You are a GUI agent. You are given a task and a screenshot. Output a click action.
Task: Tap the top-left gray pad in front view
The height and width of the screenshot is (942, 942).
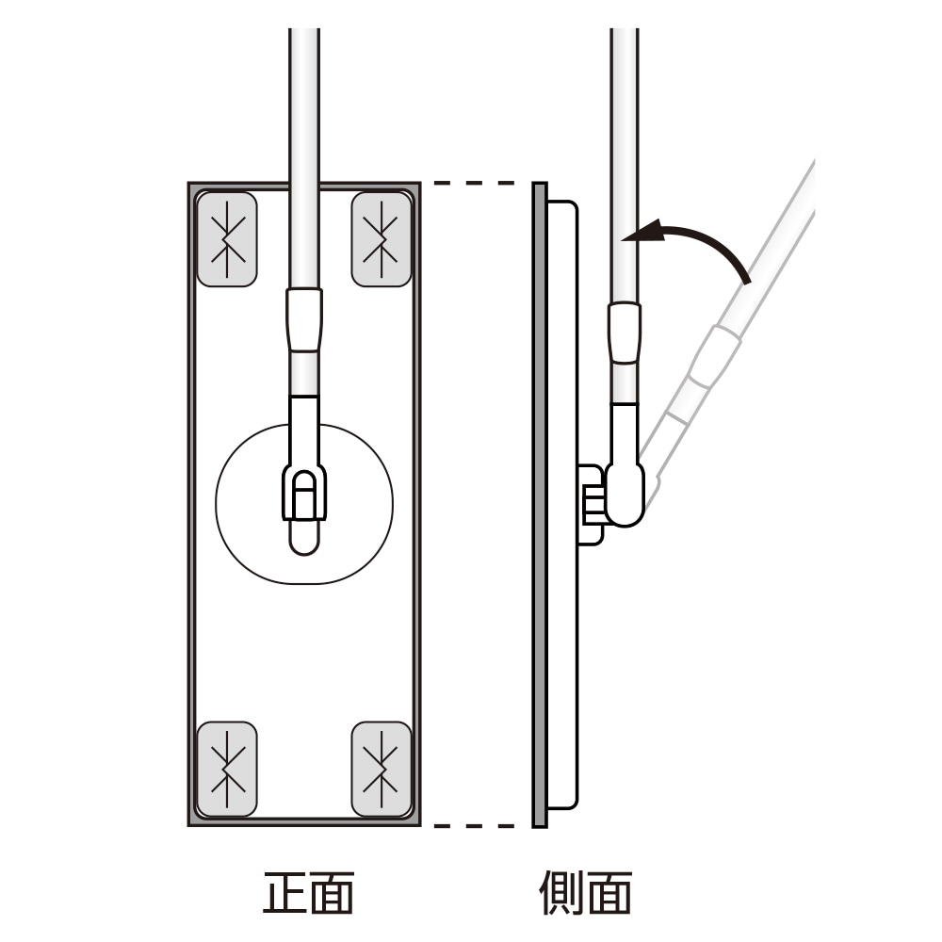point(226,238)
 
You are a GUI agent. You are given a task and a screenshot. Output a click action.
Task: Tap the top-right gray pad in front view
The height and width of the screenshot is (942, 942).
point(382,238)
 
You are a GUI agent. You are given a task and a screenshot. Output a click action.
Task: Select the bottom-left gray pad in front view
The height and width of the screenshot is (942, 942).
point(226,769)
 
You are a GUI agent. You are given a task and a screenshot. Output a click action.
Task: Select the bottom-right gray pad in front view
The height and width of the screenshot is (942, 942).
point(382,769)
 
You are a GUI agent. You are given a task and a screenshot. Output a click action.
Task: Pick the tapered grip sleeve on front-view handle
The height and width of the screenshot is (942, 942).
point(304,320)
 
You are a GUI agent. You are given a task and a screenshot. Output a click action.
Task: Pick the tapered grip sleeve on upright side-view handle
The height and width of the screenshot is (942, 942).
point(625,332)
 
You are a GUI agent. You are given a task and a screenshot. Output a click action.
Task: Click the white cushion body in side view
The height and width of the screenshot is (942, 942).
point(562,659)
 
